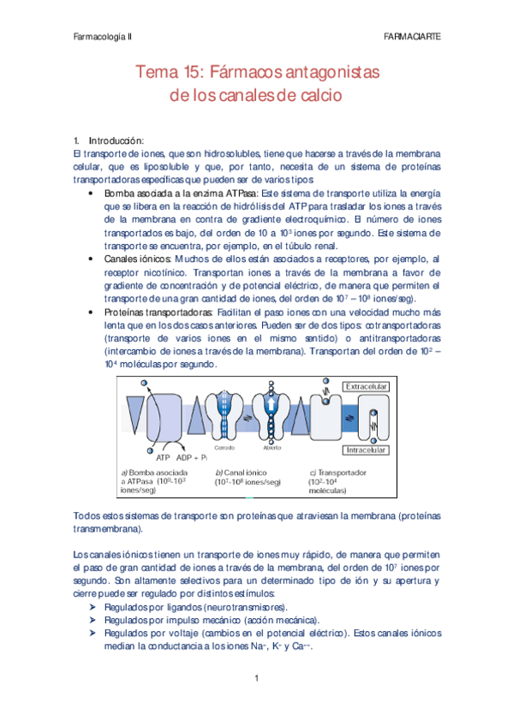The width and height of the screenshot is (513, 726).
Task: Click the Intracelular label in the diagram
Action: click(367, 448)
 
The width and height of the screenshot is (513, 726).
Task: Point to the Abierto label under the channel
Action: click(272, 447)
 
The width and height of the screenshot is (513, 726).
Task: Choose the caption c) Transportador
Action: click(338, 472)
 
